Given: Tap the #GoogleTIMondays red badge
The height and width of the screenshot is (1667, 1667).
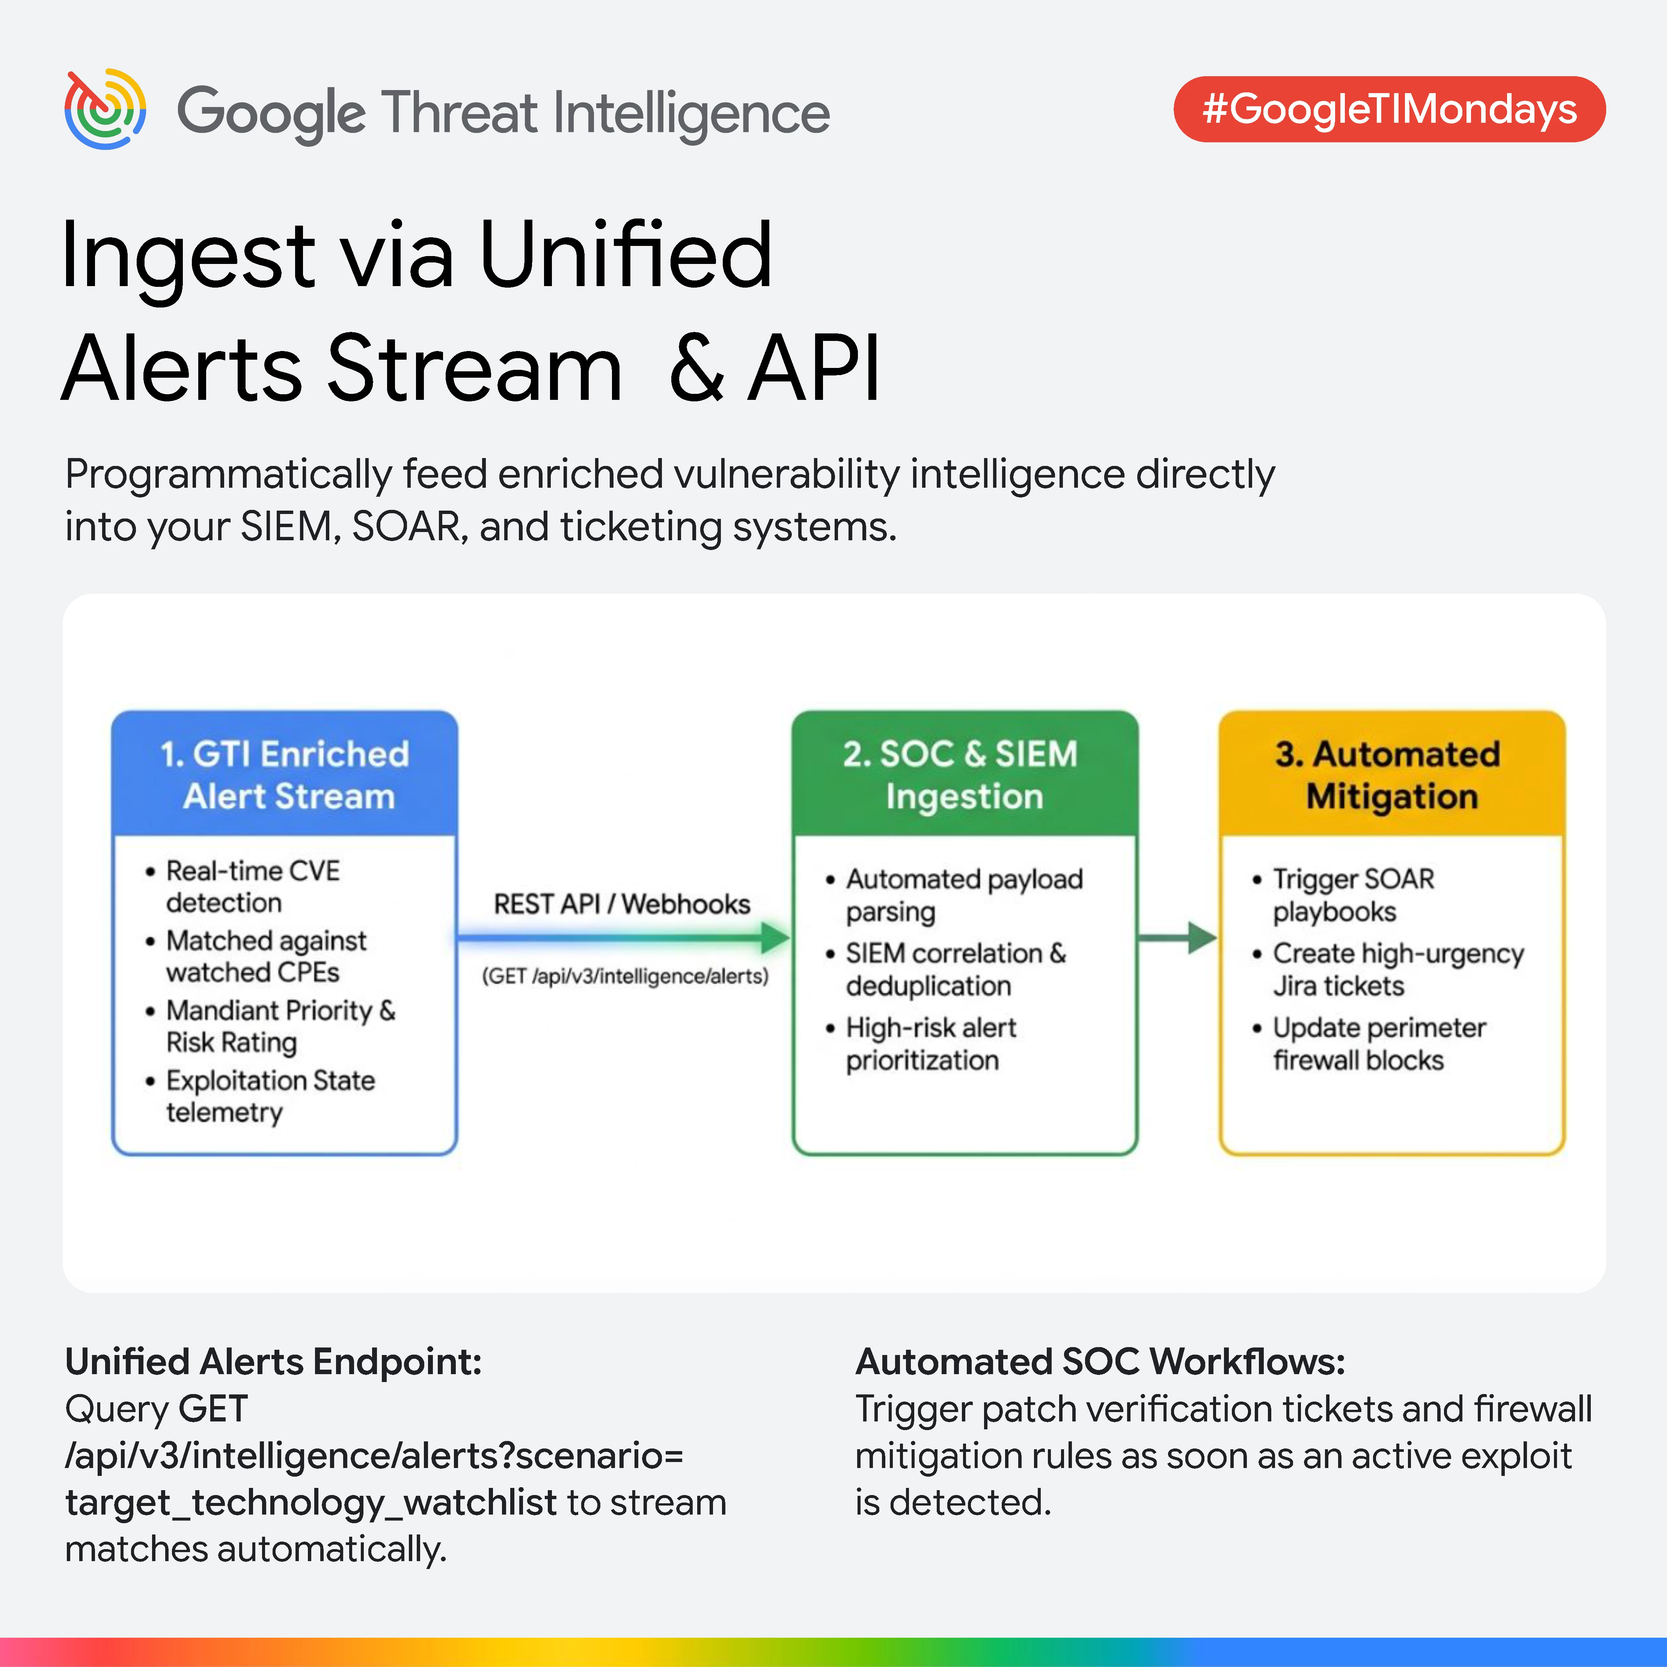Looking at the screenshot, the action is click(1389, 110).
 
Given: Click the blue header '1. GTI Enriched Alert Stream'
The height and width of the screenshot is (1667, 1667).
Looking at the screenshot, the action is click(285, 774).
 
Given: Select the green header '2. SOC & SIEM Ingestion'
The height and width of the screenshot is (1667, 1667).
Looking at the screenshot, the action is click(965, 774).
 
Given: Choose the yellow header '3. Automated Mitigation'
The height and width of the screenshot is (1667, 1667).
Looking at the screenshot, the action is click(1392, 774).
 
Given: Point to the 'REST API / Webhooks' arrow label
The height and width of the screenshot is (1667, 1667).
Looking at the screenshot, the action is click(622, 903).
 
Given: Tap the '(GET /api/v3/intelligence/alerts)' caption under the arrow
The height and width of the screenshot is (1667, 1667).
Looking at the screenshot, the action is click(625, 976).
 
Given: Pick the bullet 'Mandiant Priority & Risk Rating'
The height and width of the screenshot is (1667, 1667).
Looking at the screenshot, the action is click(270, 1026).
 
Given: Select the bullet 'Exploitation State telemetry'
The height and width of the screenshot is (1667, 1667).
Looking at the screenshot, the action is click(260, 1096).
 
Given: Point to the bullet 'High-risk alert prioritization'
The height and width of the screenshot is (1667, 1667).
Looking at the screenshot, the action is click(921, 1043).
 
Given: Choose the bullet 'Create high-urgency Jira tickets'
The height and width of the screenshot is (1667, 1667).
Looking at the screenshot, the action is click(1387, 969).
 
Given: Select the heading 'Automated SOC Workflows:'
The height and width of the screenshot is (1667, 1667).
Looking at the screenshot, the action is click(1100, 1361).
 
